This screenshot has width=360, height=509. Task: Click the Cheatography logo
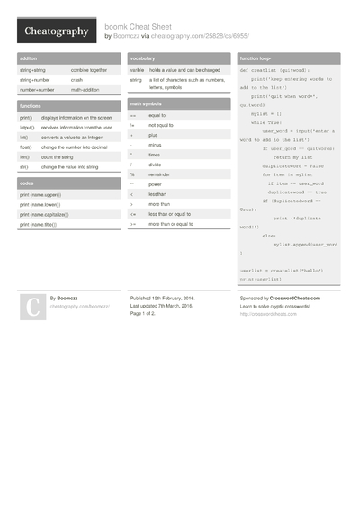click(x=56, y=31)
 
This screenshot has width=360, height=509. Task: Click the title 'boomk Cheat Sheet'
click(x=140, y=26)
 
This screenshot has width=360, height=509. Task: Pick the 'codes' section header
click(x=26, y=183)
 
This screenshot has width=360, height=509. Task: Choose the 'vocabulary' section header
click(x=145, y=58)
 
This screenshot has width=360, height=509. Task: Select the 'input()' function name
click(x=26, y=128)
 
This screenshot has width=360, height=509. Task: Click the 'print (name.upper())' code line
click(x=40, y=194)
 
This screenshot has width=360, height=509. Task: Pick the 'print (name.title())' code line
click(x=39, y=224)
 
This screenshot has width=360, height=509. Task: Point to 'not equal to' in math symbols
click(x=162, y=126)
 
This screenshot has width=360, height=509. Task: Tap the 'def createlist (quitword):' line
click(x=274, y=69)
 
